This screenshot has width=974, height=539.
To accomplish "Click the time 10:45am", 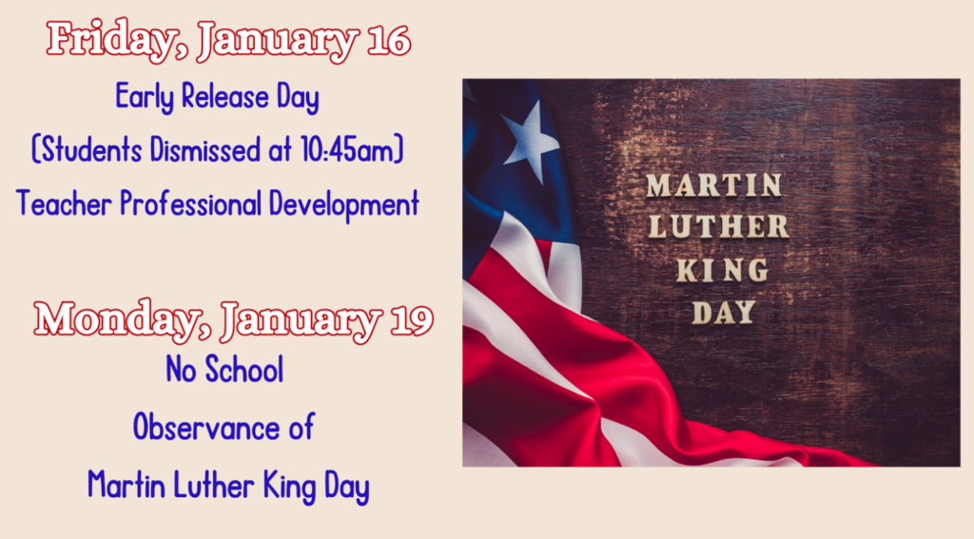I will click(354, 150).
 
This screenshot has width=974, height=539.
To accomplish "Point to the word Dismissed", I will click(199, 150).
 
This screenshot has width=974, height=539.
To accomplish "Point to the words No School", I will click(224, 370).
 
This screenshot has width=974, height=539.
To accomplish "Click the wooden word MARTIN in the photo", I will click(714, 185).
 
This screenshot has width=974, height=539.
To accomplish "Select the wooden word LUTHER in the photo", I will click(718, 227).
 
